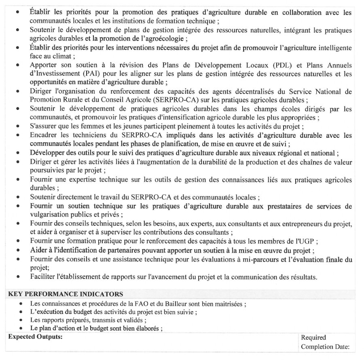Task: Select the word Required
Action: (x=313, y=337)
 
